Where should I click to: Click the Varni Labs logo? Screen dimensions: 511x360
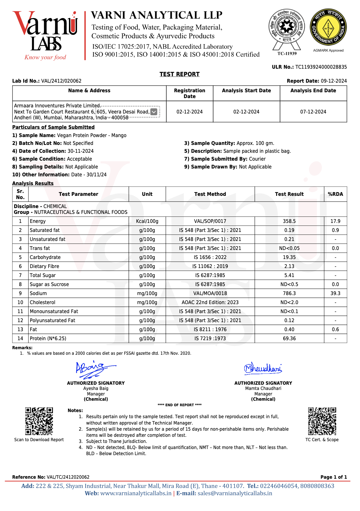pyautogui.click(x=45, y=35)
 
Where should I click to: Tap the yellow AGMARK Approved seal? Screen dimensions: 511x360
pyautogui.click(x=328, y=28)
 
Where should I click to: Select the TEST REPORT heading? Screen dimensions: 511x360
pyautogui.click(x=179, y=74)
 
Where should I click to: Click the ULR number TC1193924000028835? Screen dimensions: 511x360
pyautogui.click(x=321, y=67)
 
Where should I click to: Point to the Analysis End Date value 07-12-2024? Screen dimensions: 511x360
pyautogui.click(x=313, y=112)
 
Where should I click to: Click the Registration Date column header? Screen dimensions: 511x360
pyautogui.click(x=190, y=93)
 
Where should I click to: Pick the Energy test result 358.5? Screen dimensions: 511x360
pyautogui.click(x=289, y=221)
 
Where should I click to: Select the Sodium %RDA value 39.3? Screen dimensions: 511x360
pyautogui.click(x=335, y=293)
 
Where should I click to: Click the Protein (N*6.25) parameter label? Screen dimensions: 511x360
pyautogui.click(x=48, y=338)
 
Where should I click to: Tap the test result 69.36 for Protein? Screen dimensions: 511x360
pyautogui.click(x=289, y=338)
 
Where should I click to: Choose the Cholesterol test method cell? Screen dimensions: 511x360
pyautogui.click(x=210, y=302)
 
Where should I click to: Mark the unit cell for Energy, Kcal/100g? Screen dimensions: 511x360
pyautogui.click(x=147, y=221)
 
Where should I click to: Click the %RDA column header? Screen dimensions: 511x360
pyautogui.click(x=335, y=194)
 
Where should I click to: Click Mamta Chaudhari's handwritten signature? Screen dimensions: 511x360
pyautogui.click(x=263, y=368)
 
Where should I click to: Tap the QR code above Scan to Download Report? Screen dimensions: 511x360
pyautogui.click(x=39, y=421)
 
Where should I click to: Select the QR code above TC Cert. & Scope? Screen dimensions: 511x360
pyautogui.click(x=322, y=421)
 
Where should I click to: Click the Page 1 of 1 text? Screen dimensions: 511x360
pyautogui.click(x=334, y=477)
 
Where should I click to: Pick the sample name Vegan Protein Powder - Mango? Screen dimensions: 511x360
pyautogui.click(x=92, y=135)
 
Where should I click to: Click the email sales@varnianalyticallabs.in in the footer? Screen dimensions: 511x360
pyautogui.click(x=235, y=493)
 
